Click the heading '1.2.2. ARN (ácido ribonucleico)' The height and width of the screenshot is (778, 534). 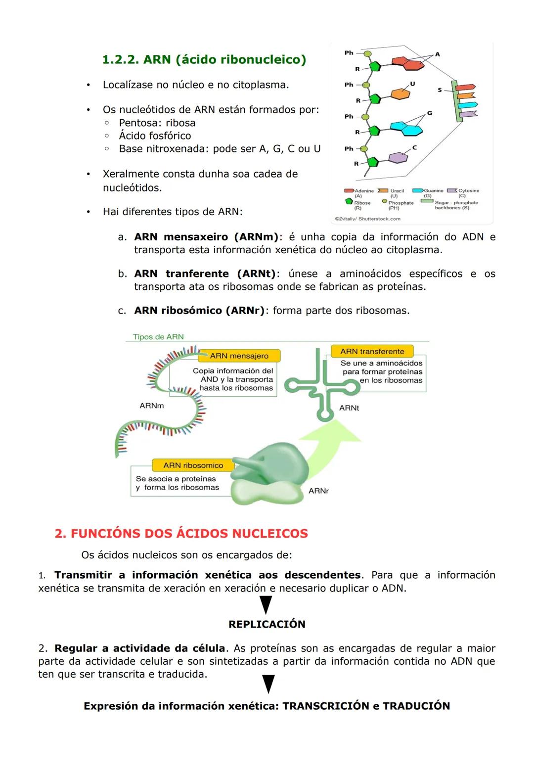point(204,60)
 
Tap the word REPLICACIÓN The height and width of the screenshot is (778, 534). point(267,624)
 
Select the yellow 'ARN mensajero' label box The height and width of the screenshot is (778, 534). point(239,356)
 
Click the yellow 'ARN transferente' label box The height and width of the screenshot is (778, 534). point(372,351)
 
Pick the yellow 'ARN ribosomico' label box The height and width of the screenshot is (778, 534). point(193,465)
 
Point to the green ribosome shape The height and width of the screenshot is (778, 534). point(267,475)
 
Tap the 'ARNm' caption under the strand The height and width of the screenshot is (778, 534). point(151,406)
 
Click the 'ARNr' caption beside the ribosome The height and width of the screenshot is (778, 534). point(318,491)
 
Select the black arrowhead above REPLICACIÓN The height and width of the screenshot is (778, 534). point(266,604)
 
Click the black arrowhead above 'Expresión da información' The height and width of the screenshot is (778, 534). point(267,684)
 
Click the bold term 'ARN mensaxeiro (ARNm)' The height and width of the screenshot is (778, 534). point(206,237)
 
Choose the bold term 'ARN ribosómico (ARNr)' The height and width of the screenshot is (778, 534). point(199,311)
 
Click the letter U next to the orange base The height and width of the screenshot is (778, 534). point(412,84)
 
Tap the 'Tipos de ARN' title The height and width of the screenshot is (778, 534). point(158,337)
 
